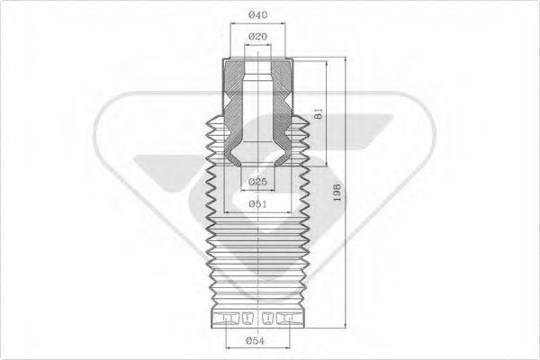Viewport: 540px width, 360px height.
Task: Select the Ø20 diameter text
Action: point(258,36)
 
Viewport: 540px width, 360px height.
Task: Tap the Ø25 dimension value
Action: point(258,183)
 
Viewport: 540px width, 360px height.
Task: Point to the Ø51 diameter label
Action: point(258,204)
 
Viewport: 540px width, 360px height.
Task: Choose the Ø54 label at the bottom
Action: point(258,340)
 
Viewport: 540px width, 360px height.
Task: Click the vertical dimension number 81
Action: point(317,114)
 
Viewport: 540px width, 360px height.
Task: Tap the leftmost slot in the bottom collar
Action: point(226,318)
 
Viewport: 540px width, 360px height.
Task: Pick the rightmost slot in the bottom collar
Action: point(288,318)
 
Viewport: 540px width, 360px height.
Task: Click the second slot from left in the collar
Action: point(247,318)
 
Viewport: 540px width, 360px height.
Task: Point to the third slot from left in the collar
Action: point(267,318)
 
